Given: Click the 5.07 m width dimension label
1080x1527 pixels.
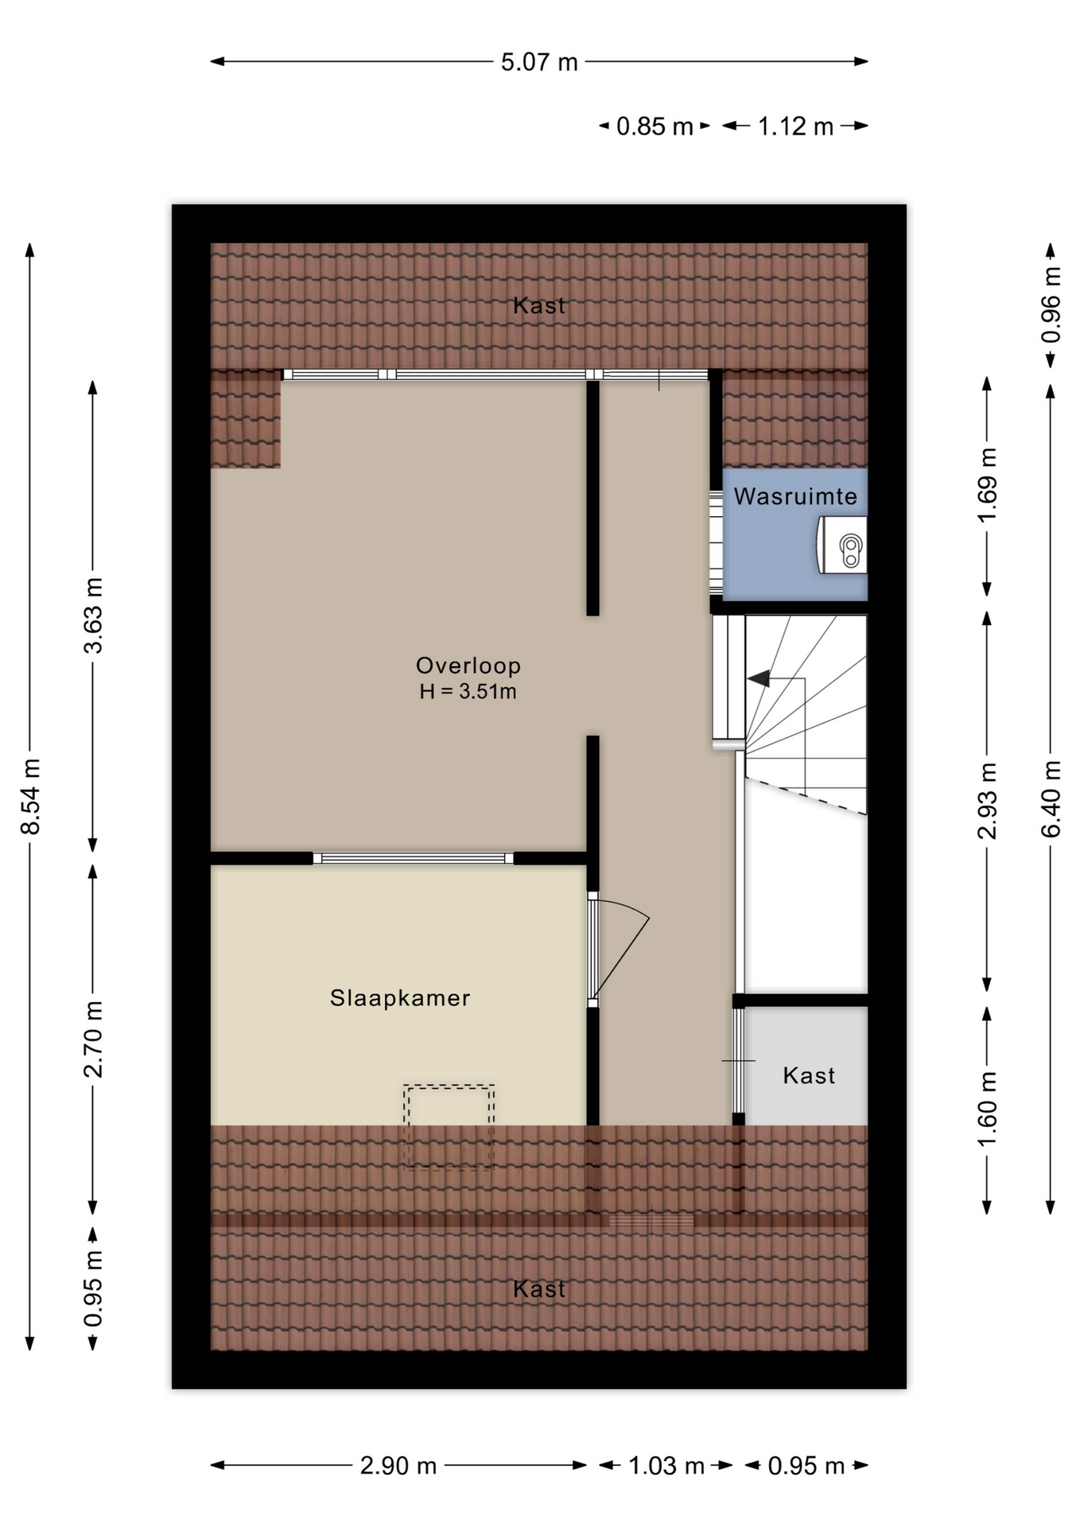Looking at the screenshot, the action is point(538,62).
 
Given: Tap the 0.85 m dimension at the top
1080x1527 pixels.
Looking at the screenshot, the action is point(655,126).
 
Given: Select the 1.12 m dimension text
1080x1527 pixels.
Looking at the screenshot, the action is point(795,126).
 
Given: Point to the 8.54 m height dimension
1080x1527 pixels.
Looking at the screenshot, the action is point(30,796).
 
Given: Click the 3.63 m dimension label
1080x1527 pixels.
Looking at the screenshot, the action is point(94,616).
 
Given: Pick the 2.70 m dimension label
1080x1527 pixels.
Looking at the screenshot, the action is point(94,1039).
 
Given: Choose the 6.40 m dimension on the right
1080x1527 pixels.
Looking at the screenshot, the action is point(1051,798).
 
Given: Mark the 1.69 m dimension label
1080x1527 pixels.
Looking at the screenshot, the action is point(987,485).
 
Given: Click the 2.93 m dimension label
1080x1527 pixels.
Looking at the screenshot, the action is point(987,801).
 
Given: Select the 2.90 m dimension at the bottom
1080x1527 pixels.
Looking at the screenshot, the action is point(398,1466).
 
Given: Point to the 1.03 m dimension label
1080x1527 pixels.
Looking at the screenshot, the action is point(666,1466).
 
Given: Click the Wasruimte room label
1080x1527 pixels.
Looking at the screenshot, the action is point(795,496).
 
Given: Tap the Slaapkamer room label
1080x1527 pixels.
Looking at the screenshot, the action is point(400,998).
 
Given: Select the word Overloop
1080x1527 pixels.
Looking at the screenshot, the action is point(468,666).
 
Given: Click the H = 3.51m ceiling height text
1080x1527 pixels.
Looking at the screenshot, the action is point(468,692).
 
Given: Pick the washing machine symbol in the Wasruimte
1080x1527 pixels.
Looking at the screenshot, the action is point(842,546).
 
